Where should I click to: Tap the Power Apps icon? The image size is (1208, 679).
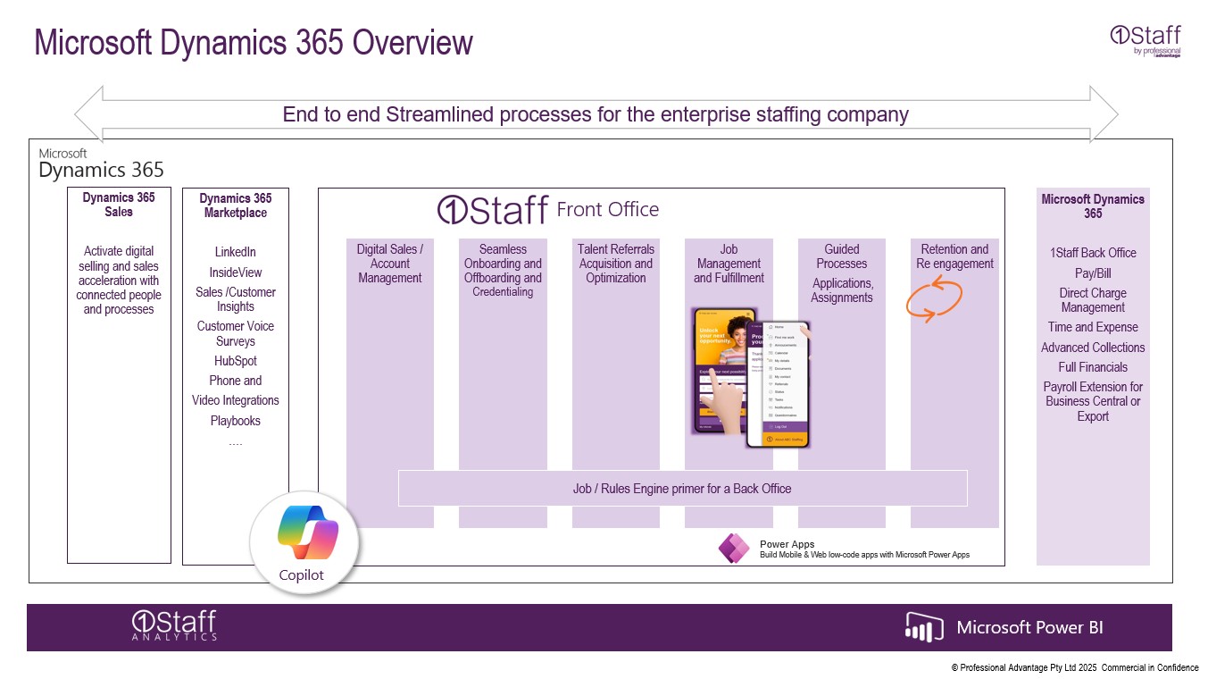coord(734,548)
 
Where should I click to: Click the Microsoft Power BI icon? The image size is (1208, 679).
coord(924,627)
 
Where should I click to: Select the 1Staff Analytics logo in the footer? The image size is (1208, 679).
coord(174,625)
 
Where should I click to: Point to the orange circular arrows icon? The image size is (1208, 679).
coord(934,300)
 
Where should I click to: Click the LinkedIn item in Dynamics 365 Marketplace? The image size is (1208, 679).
coord(235,253)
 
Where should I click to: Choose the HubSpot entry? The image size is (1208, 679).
coord(235,361)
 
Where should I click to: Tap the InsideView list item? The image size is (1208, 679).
coord(235,272)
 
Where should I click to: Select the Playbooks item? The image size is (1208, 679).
coord(235,421)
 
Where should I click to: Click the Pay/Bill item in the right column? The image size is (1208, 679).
coord(1093,273)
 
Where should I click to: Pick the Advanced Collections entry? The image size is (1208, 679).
coord(1093,348)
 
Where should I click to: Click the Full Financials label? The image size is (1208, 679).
coord(1093,367)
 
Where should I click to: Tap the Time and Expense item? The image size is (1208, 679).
coord(1093,327)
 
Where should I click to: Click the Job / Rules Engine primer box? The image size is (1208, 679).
coord(682,489)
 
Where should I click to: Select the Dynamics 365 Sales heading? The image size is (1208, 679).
coord(119,205)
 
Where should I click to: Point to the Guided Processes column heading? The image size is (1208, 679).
coord(841,256)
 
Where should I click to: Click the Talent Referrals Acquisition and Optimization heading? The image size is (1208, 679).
coord(616,264)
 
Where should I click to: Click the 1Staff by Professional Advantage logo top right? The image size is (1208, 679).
coord(1146,41)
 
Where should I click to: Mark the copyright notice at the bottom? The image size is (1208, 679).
coord(1074,668)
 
